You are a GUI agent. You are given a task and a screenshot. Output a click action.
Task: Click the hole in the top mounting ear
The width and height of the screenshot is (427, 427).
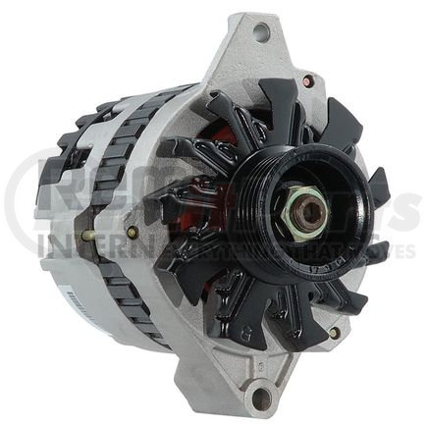(x=261, y=31)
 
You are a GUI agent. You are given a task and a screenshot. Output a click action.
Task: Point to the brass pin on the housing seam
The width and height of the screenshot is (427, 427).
(x=90, y=236)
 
